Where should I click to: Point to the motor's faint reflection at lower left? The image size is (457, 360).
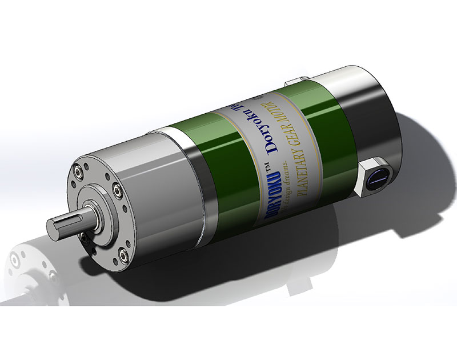click(x=34, y=269)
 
